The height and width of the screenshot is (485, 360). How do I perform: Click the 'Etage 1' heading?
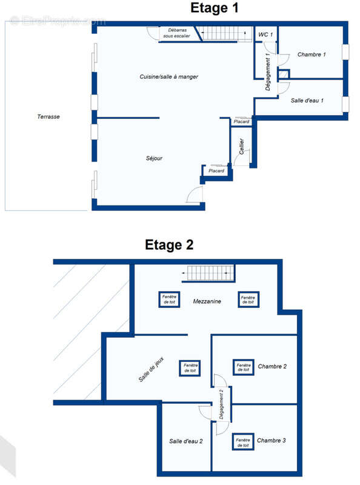click(214, 8)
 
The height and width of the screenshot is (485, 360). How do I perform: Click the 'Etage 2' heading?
click(168, 245)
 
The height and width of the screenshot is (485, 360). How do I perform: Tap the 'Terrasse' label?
click(48, 116)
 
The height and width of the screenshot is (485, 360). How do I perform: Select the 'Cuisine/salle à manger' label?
click(169, 77)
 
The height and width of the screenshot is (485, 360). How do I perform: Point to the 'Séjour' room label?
click(154, 158)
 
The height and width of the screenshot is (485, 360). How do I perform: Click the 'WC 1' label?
click(265, 35)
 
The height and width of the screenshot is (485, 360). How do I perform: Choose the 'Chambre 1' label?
click(312, 55)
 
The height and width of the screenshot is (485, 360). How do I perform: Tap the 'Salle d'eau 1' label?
click(307, 100)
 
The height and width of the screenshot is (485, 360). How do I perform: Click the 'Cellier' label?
click(241, 147)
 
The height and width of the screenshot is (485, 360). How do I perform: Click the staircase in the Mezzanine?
click(209, 274)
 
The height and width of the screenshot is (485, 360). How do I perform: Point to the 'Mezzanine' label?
click(207, 301)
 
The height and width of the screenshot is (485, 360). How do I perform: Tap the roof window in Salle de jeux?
click(190, 368)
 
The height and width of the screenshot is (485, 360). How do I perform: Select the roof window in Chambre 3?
click(243, 443)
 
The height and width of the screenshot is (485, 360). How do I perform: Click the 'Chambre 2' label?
click(272, 366)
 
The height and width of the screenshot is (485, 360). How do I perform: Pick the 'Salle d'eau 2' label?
click(185, 441)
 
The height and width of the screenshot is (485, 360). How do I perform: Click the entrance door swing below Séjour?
click(196, 195)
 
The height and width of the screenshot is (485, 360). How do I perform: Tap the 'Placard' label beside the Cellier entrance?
click(216, 171)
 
